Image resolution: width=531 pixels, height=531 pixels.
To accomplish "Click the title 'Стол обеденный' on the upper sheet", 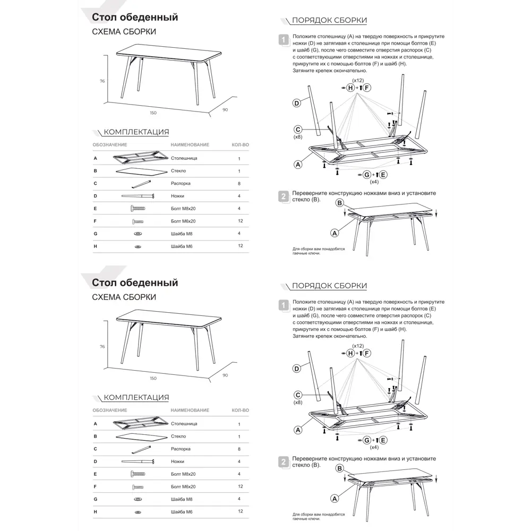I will click(135, 18).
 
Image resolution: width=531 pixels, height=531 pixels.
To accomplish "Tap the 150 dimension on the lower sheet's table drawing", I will click(153, 378).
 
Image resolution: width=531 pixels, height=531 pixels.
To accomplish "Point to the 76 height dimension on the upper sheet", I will click(102, 81).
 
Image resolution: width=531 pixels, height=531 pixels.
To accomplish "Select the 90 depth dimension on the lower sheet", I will click(225, 375).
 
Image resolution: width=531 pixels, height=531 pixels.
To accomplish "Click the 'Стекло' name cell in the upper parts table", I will click(178, 171).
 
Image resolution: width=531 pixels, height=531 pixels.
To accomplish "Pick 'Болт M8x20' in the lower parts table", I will click(184, 474).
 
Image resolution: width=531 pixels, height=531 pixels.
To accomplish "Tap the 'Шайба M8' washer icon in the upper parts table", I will click(138, 234).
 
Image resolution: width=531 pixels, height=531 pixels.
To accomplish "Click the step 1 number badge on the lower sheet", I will click(284, 305).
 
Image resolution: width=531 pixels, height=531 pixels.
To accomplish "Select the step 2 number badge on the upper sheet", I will click(284, 196).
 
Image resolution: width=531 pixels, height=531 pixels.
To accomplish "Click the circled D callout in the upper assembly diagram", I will click(297, 103).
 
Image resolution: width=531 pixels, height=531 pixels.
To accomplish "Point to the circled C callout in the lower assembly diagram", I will click(298, 395).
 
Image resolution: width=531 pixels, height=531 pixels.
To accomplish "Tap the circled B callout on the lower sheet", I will click(339, 468).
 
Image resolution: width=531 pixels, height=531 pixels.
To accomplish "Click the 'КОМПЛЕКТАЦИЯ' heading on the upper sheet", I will click(136, 132).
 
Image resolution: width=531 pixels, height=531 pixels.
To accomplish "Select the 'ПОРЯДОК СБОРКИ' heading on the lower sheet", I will click(329, 286).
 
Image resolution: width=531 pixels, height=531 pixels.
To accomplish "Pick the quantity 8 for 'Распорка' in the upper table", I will click(239, 183).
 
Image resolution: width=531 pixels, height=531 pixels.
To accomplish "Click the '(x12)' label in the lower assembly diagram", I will click(358, 346).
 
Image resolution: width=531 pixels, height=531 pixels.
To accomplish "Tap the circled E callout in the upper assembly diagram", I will click(383, 175).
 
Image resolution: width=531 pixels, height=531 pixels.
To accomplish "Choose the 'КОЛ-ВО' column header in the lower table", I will click(241, 410).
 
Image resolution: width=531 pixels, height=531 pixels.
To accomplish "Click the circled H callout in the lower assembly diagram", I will click(350, 353).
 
